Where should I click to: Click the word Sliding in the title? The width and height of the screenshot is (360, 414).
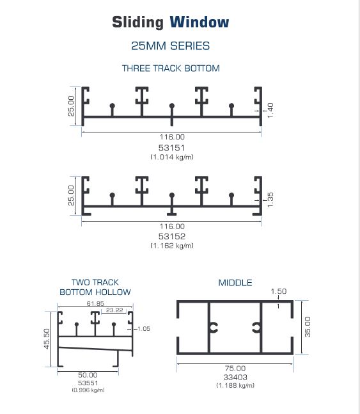pos(137,22)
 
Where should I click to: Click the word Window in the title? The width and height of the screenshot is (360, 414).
pos(200,22)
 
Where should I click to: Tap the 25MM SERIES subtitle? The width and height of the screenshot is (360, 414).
pos(171,46)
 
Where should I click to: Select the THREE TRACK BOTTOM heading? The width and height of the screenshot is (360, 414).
pos(171,68)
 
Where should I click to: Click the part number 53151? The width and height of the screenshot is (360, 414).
pos(171,148)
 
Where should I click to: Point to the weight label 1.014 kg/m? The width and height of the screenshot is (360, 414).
pos(172,157)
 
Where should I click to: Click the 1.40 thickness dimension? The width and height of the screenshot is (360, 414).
pos(270,110)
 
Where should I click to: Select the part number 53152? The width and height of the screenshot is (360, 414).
pos(171,236)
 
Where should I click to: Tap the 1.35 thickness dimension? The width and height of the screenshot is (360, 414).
pos(270,200)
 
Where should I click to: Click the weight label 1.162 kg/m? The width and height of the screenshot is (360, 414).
pos(172,246)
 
